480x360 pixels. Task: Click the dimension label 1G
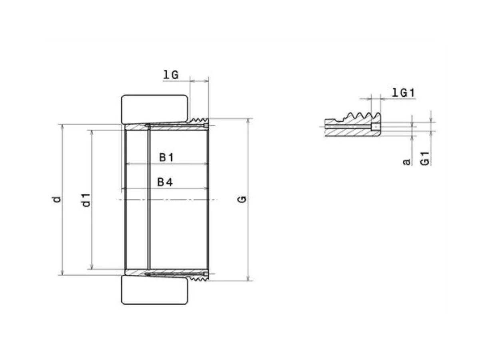coord(171,75)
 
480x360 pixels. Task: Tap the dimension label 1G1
coord(403,93)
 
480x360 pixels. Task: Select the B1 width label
coord(166,157)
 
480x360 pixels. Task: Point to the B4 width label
coord(165,182)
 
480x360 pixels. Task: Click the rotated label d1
coord(86,200)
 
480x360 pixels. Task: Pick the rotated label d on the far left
coord(56,200)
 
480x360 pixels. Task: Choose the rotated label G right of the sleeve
coord(242,200)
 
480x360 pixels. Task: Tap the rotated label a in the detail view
coord(406,162)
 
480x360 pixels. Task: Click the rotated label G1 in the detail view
coord(425,159)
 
